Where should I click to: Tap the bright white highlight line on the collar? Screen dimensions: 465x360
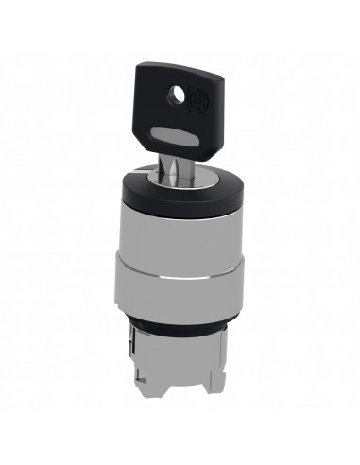180,281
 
